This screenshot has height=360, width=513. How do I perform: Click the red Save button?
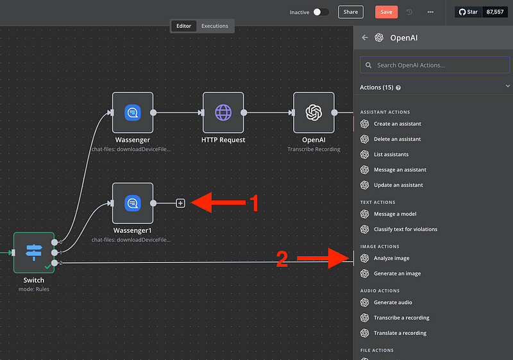coord(386,12)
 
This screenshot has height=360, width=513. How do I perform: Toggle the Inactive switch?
coord(321,12)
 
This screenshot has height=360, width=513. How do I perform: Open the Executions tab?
coord(214,26)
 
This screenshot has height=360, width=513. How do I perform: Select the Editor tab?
coord(183,26)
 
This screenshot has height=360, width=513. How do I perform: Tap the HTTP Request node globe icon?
coord(223,112)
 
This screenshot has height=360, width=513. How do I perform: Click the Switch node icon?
coord(34,252)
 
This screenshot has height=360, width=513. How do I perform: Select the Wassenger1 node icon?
coord(133,203)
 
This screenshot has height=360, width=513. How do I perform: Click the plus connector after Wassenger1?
coord(180,203)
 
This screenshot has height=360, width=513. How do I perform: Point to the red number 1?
coord(253,203)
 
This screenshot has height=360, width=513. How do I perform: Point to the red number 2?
coord(282,259)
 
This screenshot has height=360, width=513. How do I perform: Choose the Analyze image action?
coord(391,258)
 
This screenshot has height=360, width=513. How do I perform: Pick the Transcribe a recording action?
coord(401,318)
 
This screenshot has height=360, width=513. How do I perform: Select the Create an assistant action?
coord(397,124)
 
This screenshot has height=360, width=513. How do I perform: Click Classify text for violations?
coord(405,229)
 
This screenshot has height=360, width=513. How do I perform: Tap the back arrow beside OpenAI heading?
coord(365,37)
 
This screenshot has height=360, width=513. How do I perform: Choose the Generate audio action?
coord(392,302)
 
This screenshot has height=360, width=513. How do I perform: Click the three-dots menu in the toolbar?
coord(430,12)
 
